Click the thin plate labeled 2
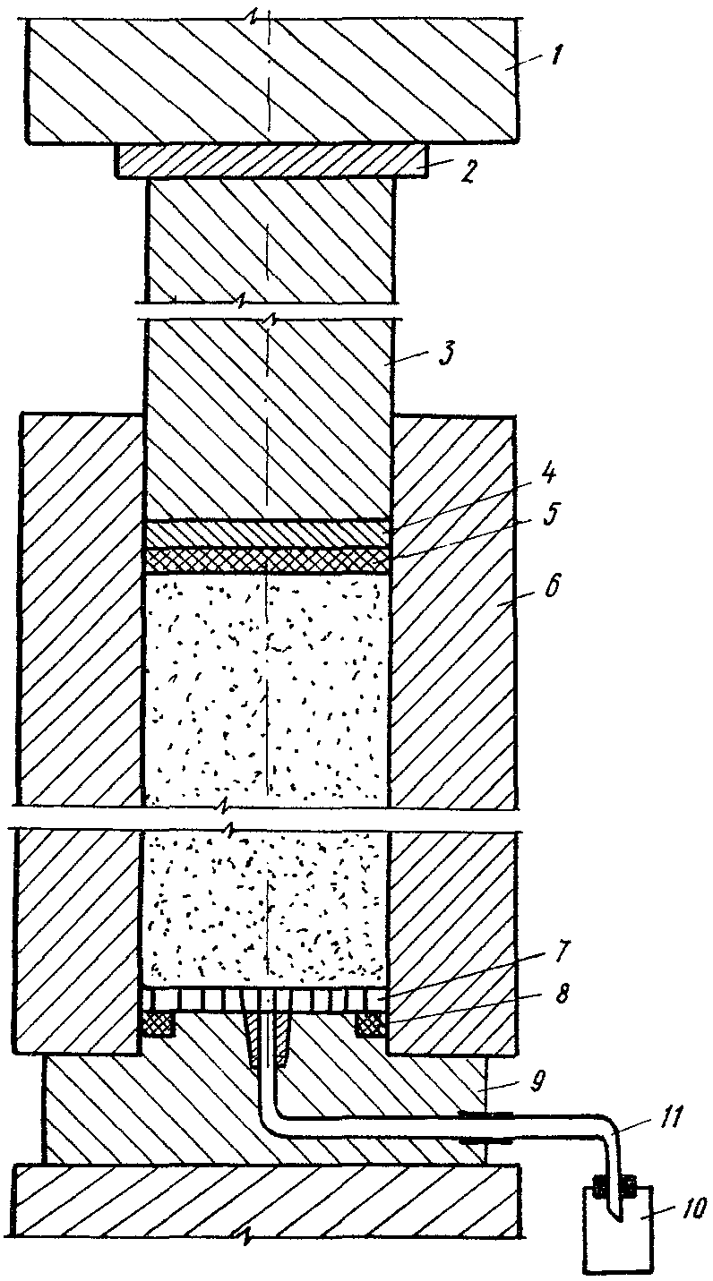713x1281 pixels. tap(269, 161)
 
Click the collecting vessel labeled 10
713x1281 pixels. tap(620, 1240)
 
